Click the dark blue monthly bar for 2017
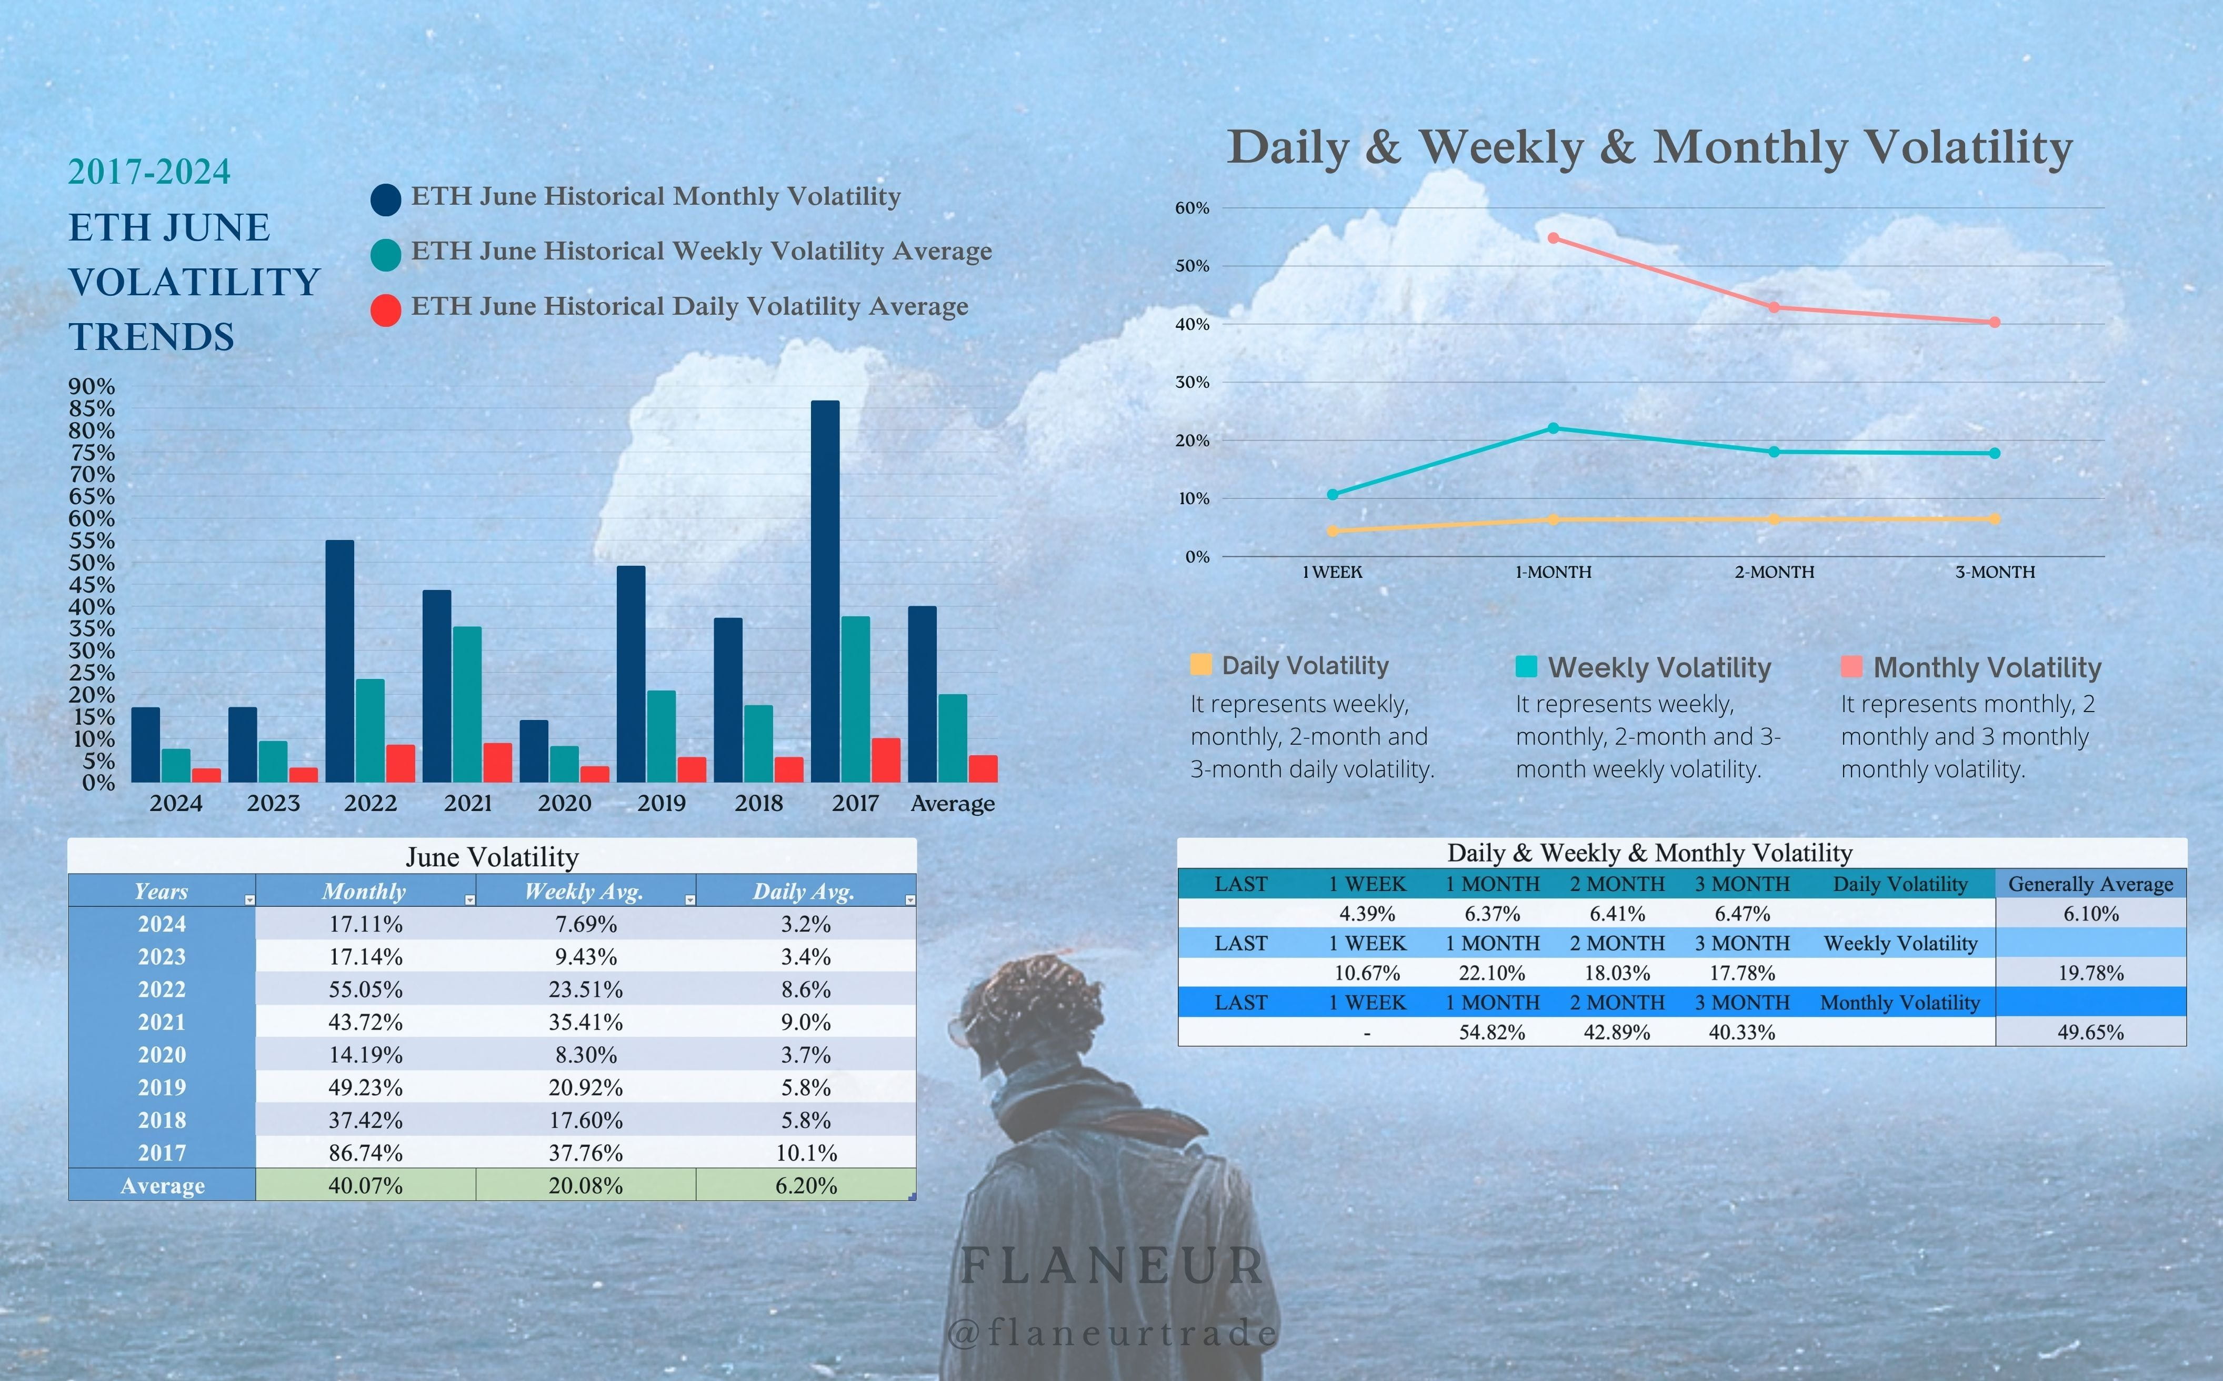(825, 594)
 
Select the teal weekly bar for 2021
(467, 703)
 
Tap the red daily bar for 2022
(400, 764)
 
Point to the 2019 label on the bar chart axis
(661, 804)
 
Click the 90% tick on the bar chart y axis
(92, 386)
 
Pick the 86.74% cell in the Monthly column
(365, 1153)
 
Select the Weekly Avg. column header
(585, 892)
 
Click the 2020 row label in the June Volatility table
(162, 1055)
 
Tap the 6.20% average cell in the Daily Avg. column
(806, 1186)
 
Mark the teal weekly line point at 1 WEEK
(1333, 494)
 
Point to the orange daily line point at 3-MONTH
(1995, 519)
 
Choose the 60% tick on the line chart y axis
(1192, 208)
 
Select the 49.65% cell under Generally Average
(2090, 1032)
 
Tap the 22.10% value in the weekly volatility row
(1493, 973)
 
